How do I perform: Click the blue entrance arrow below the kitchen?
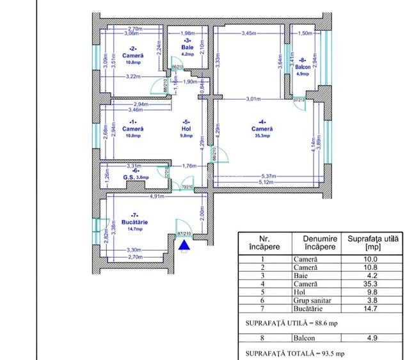pyautogui.click(x=185, y=244)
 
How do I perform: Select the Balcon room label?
pyautogui.click(x=303, y=67)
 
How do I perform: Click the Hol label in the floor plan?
pyautogui.click(x=186, y=128)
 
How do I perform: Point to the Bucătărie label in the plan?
pyautogui.click(x=134, y=222)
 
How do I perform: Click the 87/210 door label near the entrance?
pyautogui.click(x=184, y=234)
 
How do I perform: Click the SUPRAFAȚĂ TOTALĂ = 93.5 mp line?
pyautogui.click(x=287, y=352)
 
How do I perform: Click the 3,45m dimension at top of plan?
pyautogui.click(x=249, y=33)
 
